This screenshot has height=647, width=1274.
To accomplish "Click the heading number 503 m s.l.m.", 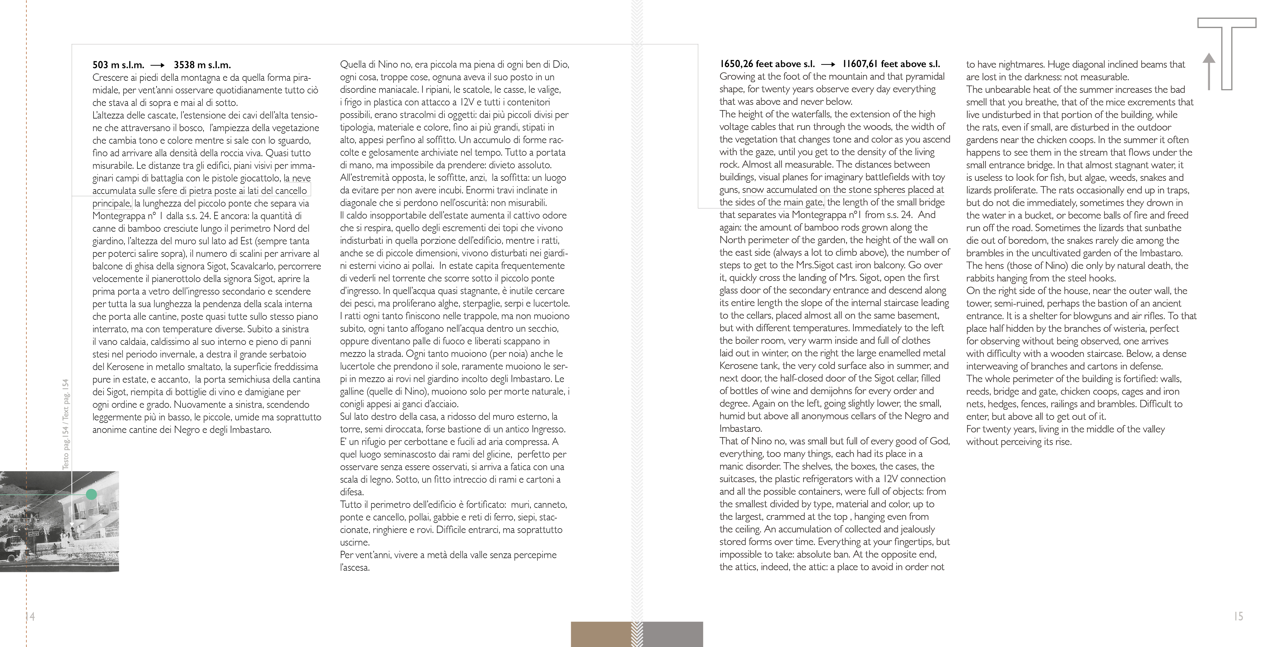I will click(118, 65).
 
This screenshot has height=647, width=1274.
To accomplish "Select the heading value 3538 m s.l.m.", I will click(202, 65).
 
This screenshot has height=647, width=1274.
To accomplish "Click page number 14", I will click(30, 616).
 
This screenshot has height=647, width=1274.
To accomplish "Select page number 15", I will click(1238, 616).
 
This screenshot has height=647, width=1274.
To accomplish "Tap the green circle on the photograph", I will click(91, 494).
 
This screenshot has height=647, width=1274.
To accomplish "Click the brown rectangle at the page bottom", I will click(601, 634).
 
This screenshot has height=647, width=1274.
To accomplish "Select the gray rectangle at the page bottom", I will click(673, 634).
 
